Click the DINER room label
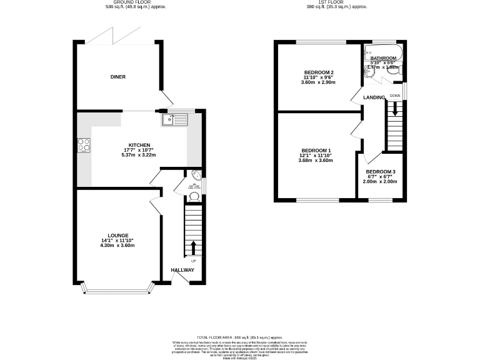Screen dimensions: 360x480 pos(118,77)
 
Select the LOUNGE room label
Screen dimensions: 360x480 pos(117,235)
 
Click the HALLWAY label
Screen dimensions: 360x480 pos(184,270)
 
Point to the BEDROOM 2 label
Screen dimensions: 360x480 pos(319,72)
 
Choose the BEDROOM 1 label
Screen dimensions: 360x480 pos(317,151)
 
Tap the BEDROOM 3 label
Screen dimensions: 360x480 pos(381,172)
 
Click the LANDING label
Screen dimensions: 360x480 pos(374,97)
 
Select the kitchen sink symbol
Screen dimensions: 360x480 pos(175,119)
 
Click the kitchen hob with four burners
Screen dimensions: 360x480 pos(83,145)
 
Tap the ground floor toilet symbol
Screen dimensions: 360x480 pos(194,196)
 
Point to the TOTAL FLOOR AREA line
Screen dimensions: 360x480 pos(239,336)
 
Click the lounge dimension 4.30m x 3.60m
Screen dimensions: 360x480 pos(117,245)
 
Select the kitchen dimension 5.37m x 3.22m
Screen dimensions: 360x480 pos(139,154)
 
